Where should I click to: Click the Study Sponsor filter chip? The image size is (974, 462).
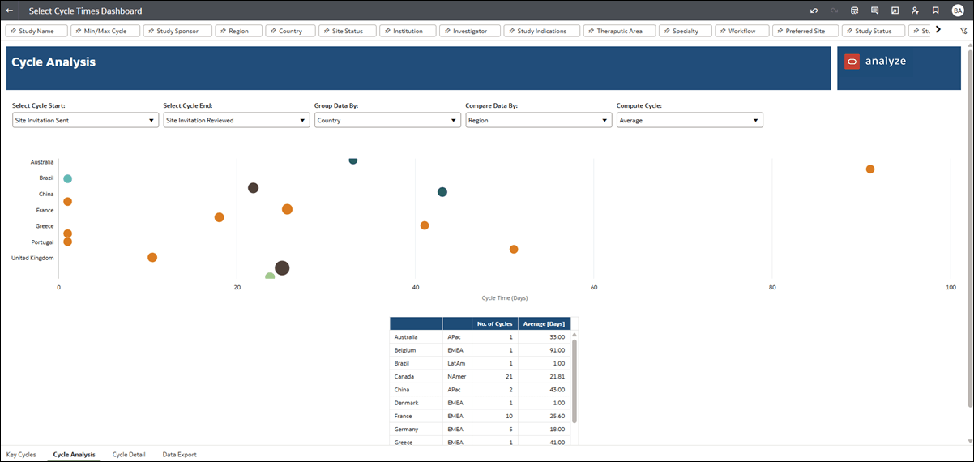tap(177, 31)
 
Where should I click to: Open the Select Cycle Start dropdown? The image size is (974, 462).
tap(83, 120)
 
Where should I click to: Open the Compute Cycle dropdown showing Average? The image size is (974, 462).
tap(689, 120)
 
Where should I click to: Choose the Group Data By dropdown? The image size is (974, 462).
tap(387, 120)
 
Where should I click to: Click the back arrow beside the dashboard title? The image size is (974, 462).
tap(10, 11)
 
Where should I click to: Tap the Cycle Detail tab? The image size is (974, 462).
tap(129, 455)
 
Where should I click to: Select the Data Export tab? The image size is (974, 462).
tap(179, 455)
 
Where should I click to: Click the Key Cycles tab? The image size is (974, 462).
tap(21, 455)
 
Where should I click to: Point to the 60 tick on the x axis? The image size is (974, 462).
tap(594, 287)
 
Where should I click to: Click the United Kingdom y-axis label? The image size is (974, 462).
tap(32, 258)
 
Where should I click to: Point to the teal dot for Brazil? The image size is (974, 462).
tap(68, 178)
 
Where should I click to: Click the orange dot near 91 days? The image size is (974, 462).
tap(870, 169)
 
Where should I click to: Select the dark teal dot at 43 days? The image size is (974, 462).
tap(442, 192)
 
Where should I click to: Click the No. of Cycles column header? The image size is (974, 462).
tap(494, 323)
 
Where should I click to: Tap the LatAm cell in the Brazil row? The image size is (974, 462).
tap(455, 363)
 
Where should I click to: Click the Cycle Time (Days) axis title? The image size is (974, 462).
tap(505, 298)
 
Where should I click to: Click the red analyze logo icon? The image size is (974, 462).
tap(852, 61)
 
